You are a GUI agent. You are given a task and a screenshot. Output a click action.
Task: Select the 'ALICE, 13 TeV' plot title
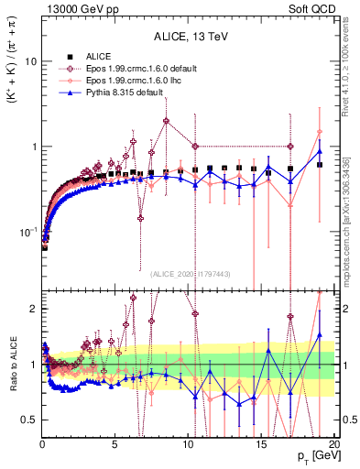coord(189,37)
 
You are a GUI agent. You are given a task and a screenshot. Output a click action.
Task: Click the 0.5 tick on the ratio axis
coord(27,420)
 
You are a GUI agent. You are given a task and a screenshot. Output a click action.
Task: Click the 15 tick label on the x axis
coord(260,445)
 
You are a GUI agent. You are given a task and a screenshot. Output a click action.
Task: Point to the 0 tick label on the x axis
coord(42,445)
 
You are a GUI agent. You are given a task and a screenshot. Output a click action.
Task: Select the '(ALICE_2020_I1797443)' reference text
coord(189,273)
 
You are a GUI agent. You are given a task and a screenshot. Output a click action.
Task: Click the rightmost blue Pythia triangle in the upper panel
coord(319,151)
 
